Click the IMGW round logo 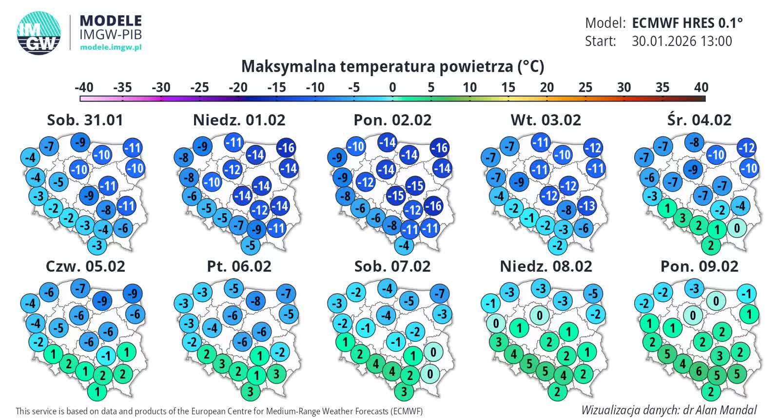click(x=39, y=33)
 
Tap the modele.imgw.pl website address click(x=111, y=47)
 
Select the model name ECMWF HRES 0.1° click(x=687, y=23)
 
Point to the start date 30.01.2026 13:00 click(x=682, y=41)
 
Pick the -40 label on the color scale click(x=84, y=87)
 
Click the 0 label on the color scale click(x=392, y=87)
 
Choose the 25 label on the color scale click(x=585, y=87)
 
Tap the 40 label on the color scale click(x=701, y=87)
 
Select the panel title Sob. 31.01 click(x=85, y=120)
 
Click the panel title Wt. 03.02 click(x=546, y=120)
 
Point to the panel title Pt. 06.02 click(x=239, y=266)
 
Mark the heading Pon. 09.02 click(x=699, y=266)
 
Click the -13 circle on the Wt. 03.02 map click(x=587, y=206)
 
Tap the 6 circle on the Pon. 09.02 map click(x=699, y=372)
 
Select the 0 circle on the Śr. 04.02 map click(x=737, y=228)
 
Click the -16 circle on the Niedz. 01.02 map click(x=286, y=148)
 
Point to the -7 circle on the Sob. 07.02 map click(x=440, y=294)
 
